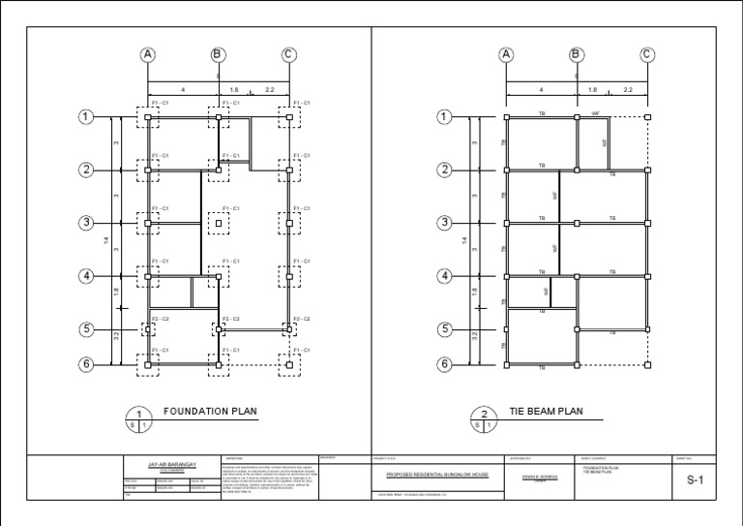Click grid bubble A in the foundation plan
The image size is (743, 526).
(x=148, y=54)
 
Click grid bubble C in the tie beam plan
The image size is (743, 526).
(x=646, y=54)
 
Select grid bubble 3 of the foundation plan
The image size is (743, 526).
(x=86, y=223)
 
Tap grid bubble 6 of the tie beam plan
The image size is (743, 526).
(x=444, y=365)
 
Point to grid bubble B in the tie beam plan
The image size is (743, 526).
(x=577, y=54)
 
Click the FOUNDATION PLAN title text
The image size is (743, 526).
(x=210, y=412)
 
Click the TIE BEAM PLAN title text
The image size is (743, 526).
(x=547, y=412)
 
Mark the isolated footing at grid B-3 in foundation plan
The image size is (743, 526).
(x=219, y=223)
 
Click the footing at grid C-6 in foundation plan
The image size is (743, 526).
(x=289, y=365)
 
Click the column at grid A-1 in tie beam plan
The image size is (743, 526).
(x=506, y=117)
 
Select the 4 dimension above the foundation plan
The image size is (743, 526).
(x=183, y=90)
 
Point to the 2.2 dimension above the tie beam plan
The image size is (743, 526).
(x=628, y=90)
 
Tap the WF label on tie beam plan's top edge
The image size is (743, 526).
(x=595, y=112)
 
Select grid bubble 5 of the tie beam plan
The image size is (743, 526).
(x=444, y=329)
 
